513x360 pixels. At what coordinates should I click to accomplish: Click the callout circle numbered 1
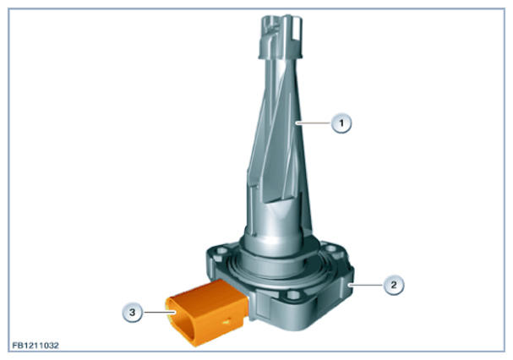click(341, 123)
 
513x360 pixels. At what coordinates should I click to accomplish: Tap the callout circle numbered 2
click(394, 285)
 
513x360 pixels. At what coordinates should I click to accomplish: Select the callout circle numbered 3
click(132, 312)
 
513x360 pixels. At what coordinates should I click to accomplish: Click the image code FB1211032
click(35, 346)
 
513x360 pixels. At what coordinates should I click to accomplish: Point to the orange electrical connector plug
click(207, 312)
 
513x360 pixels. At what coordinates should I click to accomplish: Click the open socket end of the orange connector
click(179, 321)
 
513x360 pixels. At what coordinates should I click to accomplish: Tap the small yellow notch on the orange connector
click(226, 322)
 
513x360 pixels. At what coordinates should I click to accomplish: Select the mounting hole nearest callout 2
click(334, 251)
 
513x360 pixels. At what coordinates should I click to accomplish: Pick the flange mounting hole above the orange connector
click(222, 251)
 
